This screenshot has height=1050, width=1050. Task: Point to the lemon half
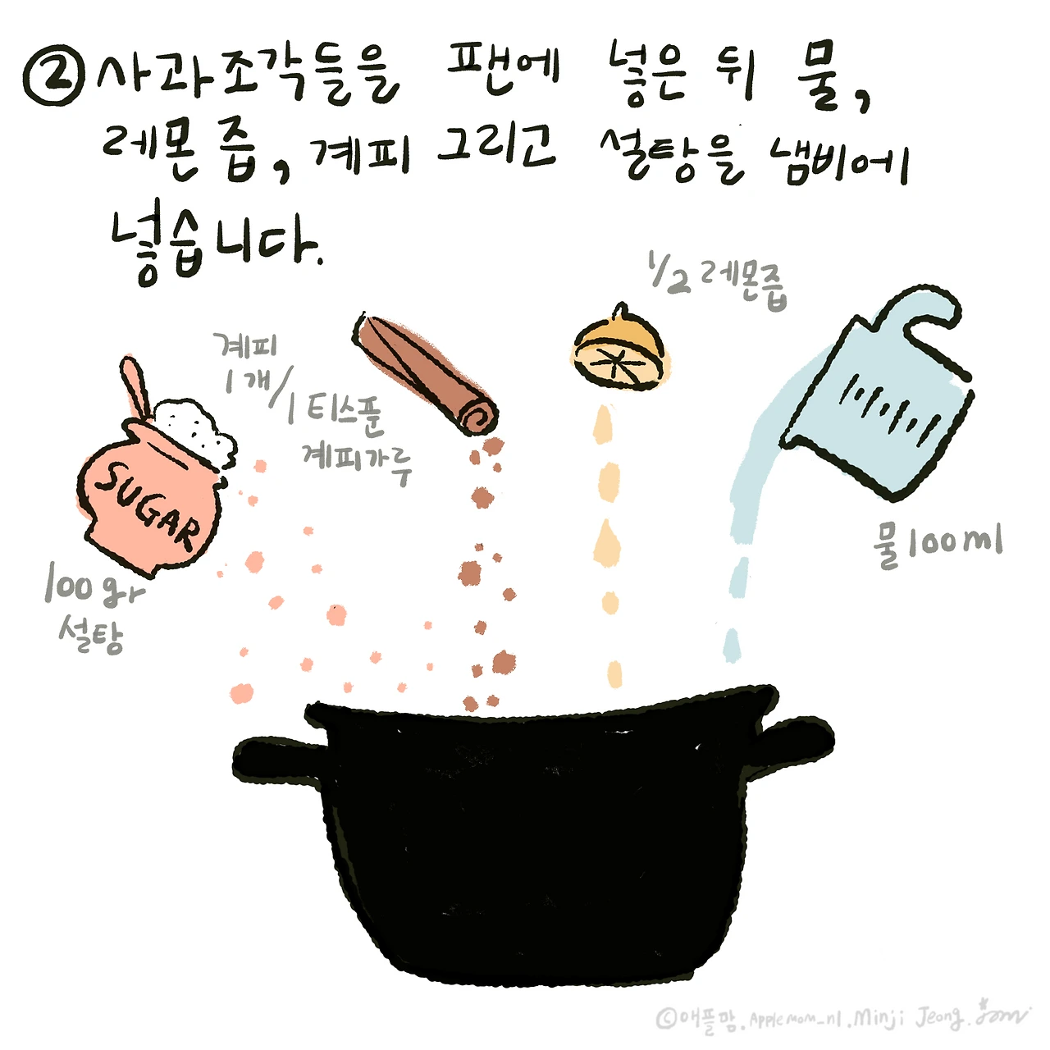619,350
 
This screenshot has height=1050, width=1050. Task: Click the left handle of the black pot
275,759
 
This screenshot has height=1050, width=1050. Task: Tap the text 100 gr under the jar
93,587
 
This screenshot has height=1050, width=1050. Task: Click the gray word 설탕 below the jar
91,634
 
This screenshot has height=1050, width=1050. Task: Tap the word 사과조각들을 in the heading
246,78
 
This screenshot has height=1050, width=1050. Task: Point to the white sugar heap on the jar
195,427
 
